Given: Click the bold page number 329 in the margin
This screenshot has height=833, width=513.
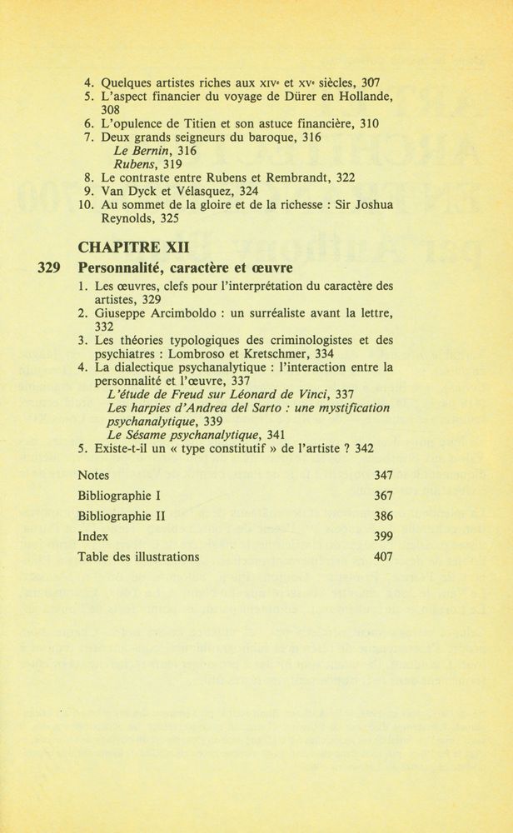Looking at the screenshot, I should (52, 268).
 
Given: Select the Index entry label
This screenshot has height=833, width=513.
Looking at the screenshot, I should (92, 536).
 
